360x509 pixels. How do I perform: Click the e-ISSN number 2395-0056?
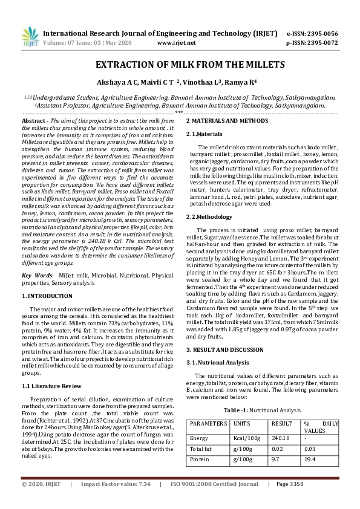[x=321, y=33]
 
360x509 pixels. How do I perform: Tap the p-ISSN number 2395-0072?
[x=321, y=43]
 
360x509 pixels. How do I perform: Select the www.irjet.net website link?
[x=176, y=43]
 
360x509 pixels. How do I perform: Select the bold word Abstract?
[x=34, y=121]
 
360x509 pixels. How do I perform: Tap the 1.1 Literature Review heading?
[x=51, y=386]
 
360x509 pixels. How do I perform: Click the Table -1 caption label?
[x=238, y=409]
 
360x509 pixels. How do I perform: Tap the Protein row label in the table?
[x=199, y=459]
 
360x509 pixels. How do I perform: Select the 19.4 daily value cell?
[x=310, y=459]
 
